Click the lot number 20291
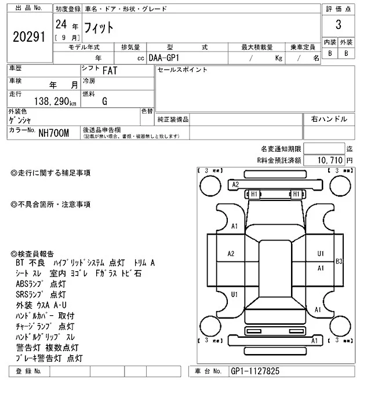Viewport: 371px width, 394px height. pyautogui.click(x=28, y=37)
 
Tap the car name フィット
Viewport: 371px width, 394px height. pyautogui.click(x=99, y=27)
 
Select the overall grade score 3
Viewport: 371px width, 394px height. pyautogui.click(x=338, y=25)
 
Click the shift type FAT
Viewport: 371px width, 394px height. pyautogui.click(x=108, y=71)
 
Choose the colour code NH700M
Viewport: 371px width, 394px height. pyautogui.click(x=53, y=133)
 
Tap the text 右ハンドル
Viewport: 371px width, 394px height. pyautogui.click(x=329, y=119)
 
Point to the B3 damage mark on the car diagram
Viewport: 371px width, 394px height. pyautogui.click(x=339, y=262)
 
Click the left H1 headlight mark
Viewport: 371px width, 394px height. pyautogui.click(x=253, y=194)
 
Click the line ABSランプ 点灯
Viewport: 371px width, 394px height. pyautogui.click(x=41, y=284)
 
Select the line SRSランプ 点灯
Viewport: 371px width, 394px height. pyautogui.click(x=41, y=294)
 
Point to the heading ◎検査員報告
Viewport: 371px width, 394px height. pyautogui.click(x=32, y=253)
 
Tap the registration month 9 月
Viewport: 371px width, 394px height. pyautogui.click(x=67, y=38)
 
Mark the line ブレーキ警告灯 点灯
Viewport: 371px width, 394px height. pyautogui.click(x=49, y=358)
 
